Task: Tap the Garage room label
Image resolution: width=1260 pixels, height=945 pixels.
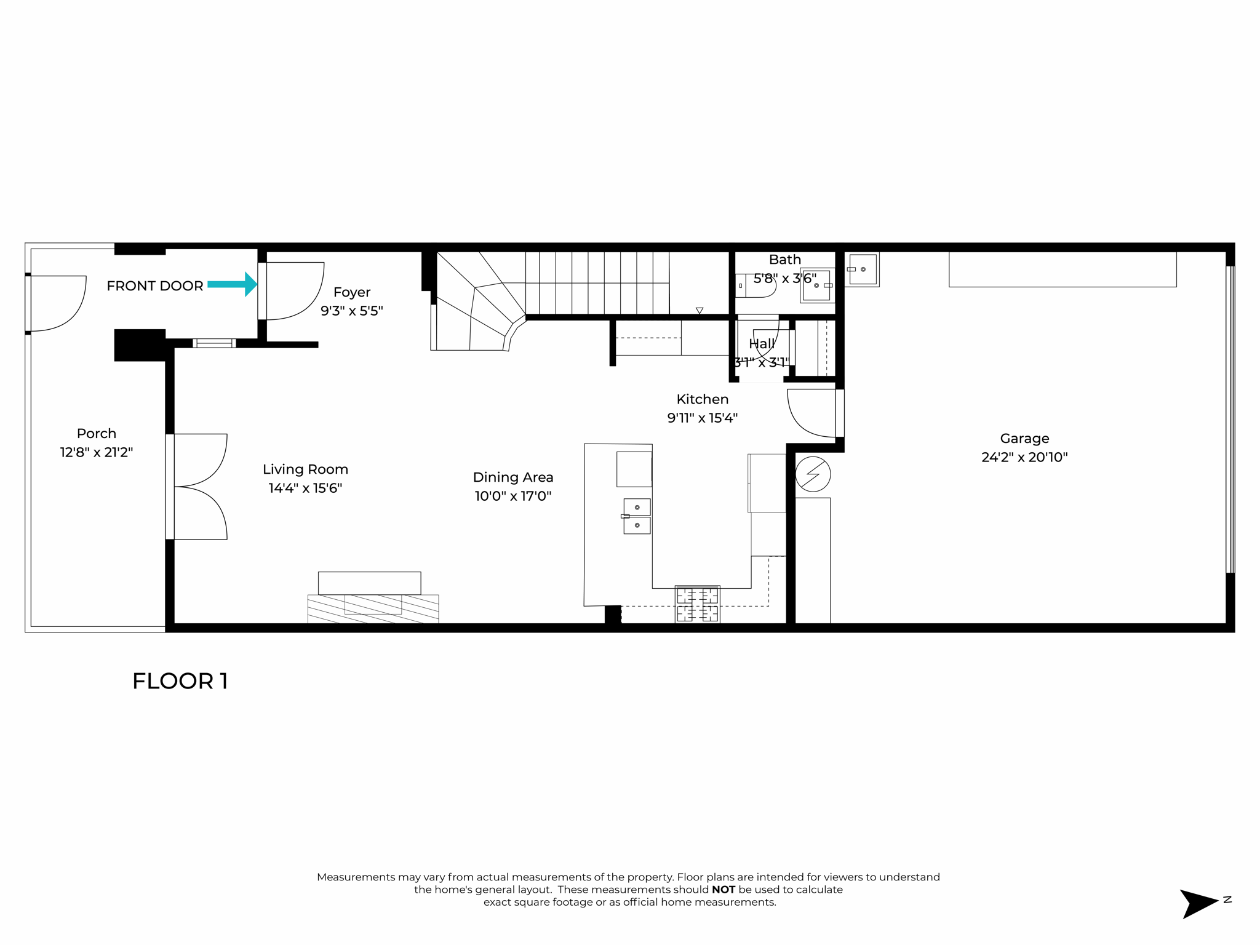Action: [1024, 439]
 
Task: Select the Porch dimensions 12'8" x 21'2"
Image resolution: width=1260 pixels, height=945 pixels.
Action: [97, 453]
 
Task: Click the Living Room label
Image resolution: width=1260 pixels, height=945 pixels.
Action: [305, 469]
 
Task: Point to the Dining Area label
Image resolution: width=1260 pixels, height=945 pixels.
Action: [513, 477]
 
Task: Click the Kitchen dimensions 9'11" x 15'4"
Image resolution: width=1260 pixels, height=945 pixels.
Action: [702, 418]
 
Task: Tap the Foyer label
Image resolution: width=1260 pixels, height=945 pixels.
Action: [352, 292]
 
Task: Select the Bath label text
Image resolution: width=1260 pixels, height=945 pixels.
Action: [784, 260]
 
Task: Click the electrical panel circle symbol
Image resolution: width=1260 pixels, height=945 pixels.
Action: [813, 474]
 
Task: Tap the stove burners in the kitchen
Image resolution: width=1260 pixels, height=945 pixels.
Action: [697, 604]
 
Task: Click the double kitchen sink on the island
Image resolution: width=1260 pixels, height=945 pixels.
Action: [637, 516]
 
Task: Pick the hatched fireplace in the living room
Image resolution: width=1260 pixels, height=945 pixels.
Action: [373, 608]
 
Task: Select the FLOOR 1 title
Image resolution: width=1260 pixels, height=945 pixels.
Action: [180, 681]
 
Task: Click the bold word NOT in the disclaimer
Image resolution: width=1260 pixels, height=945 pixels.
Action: [723, 890]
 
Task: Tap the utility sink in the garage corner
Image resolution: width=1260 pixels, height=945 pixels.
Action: [862, 269]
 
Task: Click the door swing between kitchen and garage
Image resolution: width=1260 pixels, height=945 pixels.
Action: [810, 413]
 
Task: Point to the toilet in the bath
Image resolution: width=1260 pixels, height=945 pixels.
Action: [756, 285]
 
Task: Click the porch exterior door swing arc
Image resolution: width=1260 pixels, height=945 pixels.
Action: [58, 303]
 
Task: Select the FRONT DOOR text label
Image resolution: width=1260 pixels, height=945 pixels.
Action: [154, 286]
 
